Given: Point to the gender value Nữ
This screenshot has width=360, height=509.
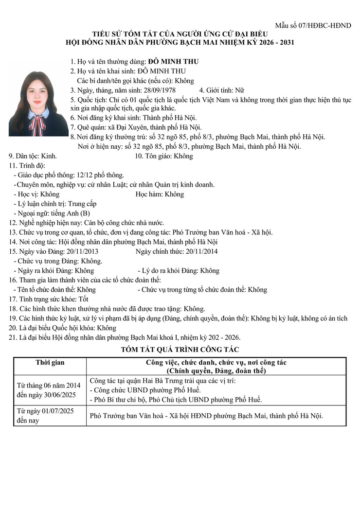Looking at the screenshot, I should (239, 90).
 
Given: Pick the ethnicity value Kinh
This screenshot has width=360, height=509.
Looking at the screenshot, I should (48, 156).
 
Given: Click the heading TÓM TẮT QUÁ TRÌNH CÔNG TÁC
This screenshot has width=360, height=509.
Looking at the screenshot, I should (180, 349).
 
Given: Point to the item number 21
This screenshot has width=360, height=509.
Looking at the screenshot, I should (13, 337).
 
